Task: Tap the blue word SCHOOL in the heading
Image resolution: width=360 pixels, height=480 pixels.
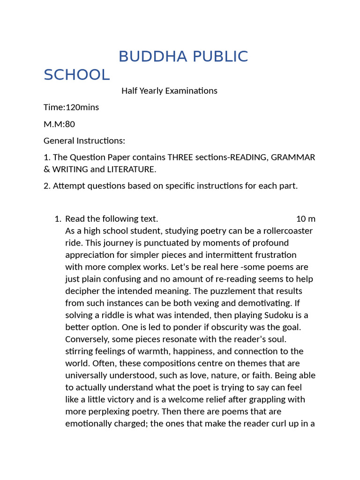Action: tap(76, 75)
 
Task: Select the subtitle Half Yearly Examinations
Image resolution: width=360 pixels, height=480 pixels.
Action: tap(169, 91)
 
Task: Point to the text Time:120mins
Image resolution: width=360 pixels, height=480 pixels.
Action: tap(71, 107)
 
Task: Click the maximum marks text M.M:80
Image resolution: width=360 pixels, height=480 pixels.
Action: tap(59, 124)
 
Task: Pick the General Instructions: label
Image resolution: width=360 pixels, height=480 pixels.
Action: tap(84, 141)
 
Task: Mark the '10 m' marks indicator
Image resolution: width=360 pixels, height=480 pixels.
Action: tap(306, 219)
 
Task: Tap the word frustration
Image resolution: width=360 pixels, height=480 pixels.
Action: tap(273, 255)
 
